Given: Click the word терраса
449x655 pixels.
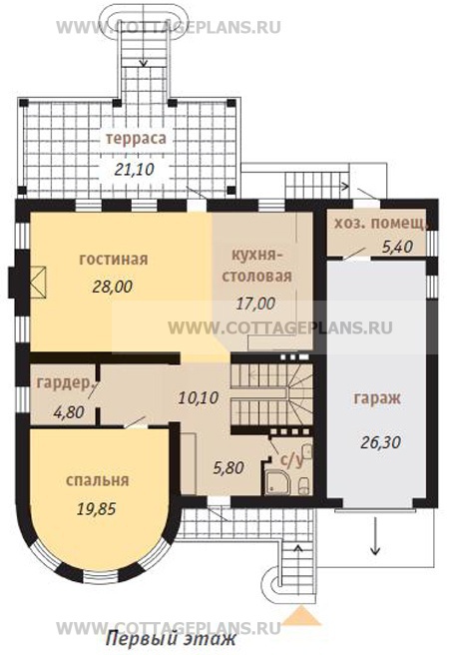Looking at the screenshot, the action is [136, 139].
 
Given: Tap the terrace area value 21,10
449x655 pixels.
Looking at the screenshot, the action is [134, 169].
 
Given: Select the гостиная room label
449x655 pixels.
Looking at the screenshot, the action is [114, 260].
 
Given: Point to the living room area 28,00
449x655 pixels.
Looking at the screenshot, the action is [113, 287].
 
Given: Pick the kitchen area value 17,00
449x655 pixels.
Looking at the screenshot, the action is [255, 304].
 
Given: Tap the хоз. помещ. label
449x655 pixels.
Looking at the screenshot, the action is [380, 224].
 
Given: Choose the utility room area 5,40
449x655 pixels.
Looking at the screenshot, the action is [398, 247].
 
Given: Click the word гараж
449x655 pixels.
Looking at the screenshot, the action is [377, 398].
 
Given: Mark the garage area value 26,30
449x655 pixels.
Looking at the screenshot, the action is [380, 441].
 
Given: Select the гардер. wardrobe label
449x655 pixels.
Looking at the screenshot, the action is [64, 383].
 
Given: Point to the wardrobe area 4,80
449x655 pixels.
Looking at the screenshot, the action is [69, 412].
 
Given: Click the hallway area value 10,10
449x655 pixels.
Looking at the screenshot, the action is [199, 397].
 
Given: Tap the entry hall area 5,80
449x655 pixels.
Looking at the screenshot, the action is [228, 467].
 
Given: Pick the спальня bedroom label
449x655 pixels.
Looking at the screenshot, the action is [97, 481].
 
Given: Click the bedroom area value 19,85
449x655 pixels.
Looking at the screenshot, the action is [97, 508].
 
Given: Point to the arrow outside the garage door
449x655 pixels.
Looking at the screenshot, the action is [375, 536].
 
